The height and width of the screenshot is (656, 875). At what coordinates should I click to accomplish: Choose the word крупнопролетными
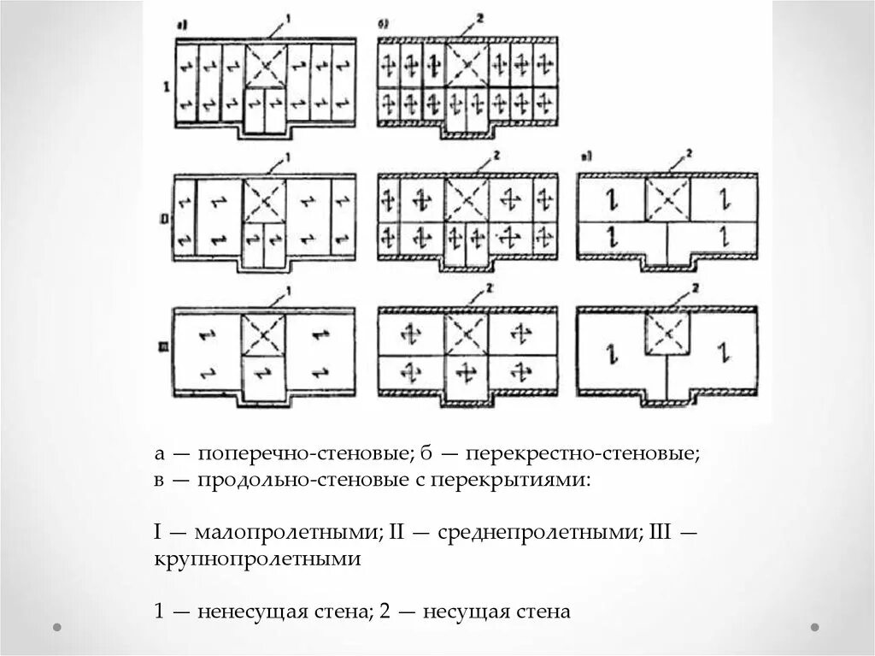(x=258, y=559)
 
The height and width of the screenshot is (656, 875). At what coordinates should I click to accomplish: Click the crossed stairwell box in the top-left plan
(x=266, y=66)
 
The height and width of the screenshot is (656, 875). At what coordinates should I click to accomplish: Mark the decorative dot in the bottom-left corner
(x=57, y=627)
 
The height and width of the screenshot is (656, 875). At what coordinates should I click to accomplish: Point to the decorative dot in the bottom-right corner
(x=815, y=627)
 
